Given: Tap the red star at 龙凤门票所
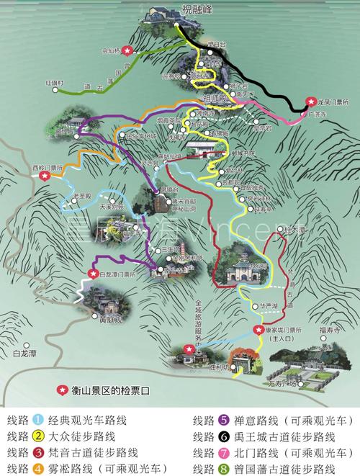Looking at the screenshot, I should click(310, 102).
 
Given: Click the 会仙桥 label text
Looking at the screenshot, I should click(111, 51).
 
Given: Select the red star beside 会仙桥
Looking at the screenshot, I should click(127, 50).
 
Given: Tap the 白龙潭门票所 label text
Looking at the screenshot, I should click(120, 274).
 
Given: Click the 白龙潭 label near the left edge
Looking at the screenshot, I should click(24, 354).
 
